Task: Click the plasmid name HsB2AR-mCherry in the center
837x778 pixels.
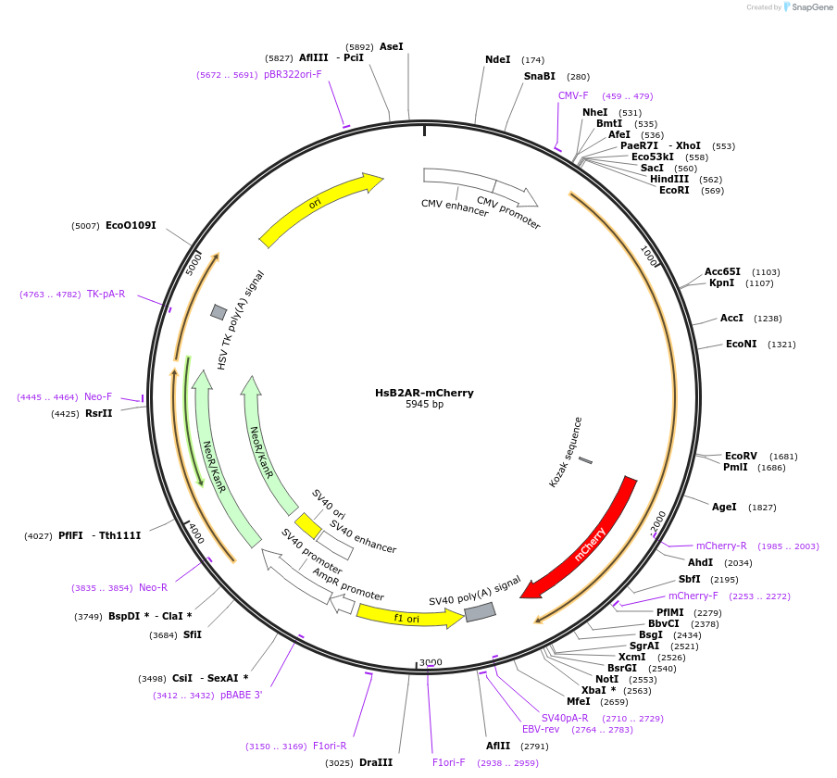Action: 424,393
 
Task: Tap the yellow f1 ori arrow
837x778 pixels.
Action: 407,616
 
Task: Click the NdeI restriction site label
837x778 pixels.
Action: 497,59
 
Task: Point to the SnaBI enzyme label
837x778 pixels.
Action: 539,76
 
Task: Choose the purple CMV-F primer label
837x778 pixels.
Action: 572,95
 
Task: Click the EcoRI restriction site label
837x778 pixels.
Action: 674,190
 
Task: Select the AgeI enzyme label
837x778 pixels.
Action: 724,507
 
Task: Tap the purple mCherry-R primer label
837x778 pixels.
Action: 721,546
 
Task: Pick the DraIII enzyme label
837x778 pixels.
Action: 375,762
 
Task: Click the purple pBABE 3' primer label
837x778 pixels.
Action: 241,695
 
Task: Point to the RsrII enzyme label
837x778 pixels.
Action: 98,413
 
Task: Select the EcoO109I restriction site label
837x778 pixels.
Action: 131,225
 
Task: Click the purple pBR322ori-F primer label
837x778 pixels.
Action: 293,74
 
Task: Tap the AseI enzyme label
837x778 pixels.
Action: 392,46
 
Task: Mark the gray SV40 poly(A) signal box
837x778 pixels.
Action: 480,612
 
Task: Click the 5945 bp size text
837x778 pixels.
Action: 424,405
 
